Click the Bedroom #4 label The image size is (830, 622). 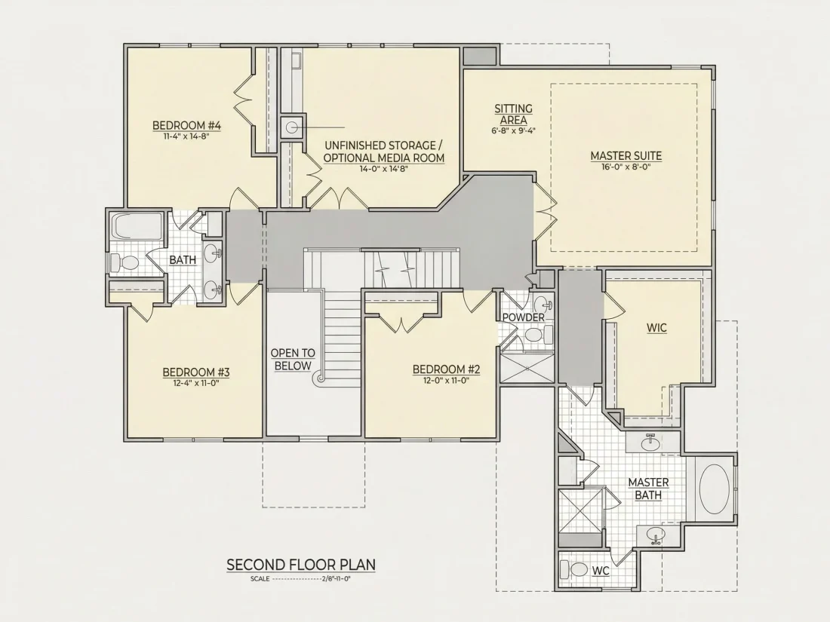186,125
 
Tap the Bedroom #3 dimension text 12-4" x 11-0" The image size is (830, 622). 196,382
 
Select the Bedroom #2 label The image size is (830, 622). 446,369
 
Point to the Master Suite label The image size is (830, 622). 626,156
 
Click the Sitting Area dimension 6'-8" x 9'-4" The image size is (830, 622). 513,130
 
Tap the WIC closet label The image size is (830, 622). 656,328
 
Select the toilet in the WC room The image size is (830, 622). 576,570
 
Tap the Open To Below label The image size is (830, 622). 293,360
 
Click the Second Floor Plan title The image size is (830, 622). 301,565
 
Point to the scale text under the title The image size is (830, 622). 300,578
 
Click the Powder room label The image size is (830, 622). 524,317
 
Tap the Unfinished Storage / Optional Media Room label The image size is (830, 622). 384,152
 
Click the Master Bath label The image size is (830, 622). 648,489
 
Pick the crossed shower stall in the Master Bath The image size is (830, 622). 581,511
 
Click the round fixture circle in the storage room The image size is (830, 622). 292,127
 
